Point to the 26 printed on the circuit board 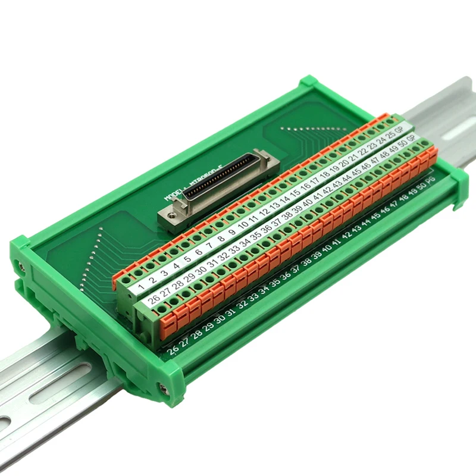173,349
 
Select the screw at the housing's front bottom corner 164,389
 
